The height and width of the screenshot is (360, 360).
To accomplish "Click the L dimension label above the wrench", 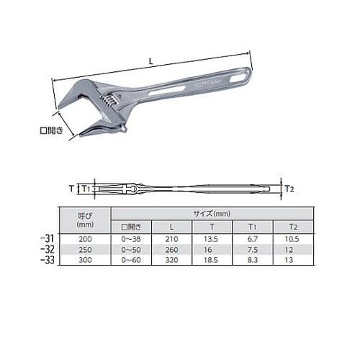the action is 150,61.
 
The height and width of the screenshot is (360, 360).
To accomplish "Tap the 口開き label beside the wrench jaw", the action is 52,130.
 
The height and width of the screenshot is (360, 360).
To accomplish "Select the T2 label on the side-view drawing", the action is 289,189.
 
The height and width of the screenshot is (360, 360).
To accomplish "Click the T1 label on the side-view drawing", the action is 86,189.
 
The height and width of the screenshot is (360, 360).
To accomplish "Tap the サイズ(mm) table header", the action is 212,213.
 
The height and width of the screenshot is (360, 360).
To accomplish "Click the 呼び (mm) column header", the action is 85,220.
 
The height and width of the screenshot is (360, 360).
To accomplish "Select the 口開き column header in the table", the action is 131,227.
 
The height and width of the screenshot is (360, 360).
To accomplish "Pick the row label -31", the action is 48,238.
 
